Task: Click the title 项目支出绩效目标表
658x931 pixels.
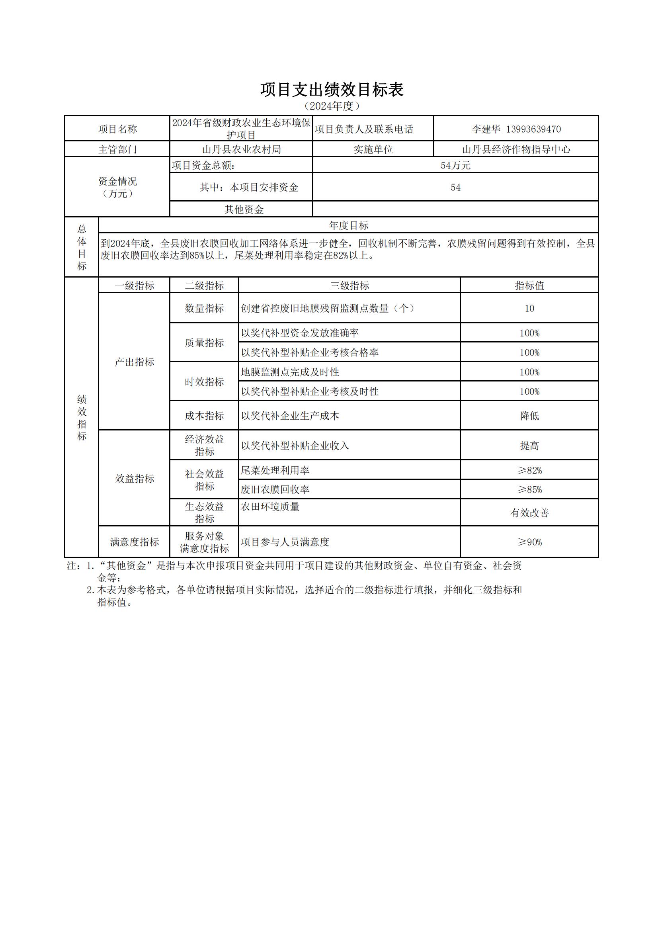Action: tap(332, 90)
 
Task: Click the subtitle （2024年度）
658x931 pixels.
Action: tap(332, 106)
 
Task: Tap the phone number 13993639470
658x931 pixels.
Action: tap(533, 129)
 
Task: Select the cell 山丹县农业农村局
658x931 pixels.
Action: tap(241, 150)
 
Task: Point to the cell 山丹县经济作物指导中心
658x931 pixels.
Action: tap(516, 150)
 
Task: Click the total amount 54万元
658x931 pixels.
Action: tap(455, 165)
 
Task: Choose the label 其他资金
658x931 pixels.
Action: tap(244, 209)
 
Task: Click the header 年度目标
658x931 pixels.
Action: tap(348, 225)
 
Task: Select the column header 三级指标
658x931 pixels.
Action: tap(350, 286)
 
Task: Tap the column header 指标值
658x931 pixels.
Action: tap(529, 286)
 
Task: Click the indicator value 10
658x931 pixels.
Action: tap(529, 309)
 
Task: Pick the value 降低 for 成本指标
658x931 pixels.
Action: tap(529, 416)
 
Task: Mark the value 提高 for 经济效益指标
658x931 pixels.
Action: tap(529, 446)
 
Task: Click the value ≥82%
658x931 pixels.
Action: tap(529, 470)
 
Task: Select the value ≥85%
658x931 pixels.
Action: tap(529, 490)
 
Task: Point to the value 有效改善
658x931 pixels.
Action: tap(529, 513)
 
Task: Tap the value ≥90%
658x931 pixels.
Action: tap(529, 542)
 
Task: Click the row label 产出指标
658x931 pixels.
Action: tap(134, 362)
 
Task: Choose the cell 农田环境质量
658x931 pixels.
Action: tap(270, 507)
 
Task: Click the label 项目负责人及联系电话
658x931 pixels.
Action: tap(364, 129)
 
